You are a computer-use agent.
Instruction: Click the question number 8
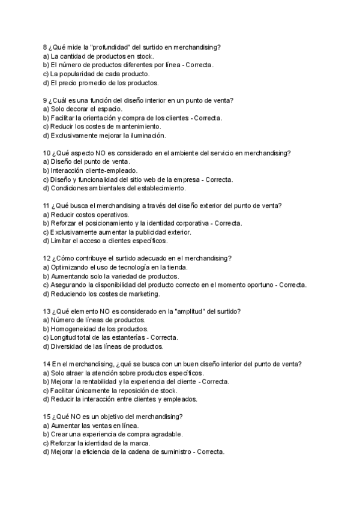click(x=46, y=47)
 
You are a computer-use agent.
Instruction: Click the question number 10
click(x=47, y=153)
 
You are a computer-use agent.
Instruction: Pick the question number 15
click(x=47, y=417)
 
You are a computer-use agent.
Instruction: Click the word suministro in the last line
click(x=167, y=451)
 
